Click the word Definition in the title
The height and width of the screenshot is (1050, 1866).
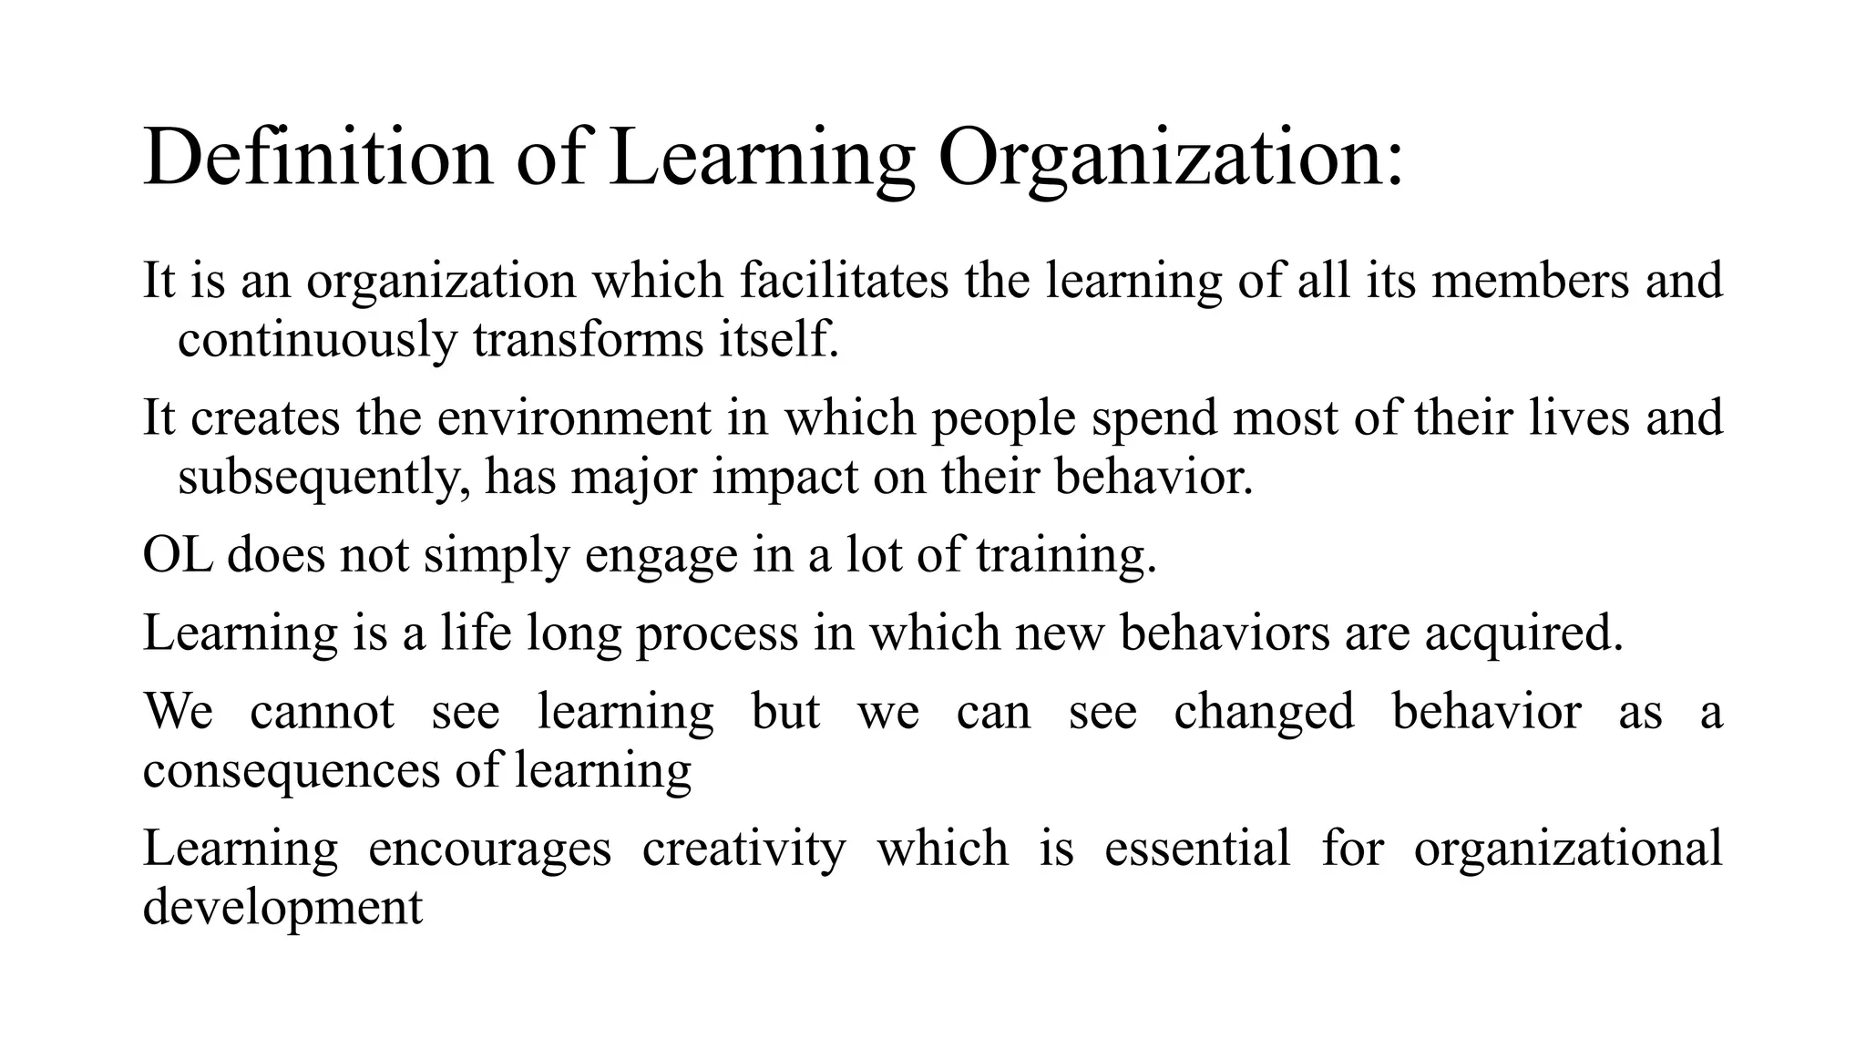pyautogui.click(x=318, y=157)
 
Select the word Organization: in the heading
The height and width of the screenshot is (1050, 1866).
pyautogui.click(x=1170, y=157)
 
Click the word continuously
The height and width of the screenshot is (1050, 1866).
pyautogui.click(x=317, y=340)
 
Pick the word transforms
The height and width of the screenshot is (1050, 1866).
pyautogui.click(x=588, y=340)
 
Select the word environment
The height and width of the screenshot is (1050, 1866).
pyautogui.click(x=573, y=417)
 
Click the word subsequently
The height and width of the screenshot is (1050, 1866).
pyautogui.click(x=324, y=477)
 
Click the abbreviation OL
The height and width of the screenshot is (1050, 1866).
pyautogui.click(x=178, y=554)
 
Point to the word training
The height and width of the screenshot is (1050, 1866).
pyautogui.click(x=1065, y=554)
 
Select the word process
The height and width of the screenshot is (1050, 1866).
pyautogui.click(x=717, y=633)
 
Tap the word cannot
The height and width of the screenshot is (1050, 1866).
pyautogui.click(x=322, y=711)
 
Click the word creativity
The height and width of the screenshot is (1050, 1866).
pyautogui.click(x=743, y=849)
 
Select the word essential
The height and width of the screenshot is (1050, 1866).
pyautogui.click(x=1197, y=849)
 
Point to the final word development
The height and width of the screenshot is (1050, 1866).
pyautogui.click(x=282, y=908)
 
